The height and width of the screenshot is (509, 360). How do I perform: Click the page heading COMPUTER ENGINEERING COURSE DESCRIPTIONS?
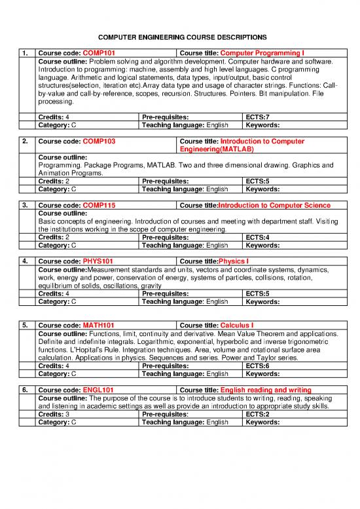coord(179,38)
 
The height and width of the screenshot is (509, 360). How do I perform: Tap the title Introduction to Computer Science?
coord(265,206)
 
